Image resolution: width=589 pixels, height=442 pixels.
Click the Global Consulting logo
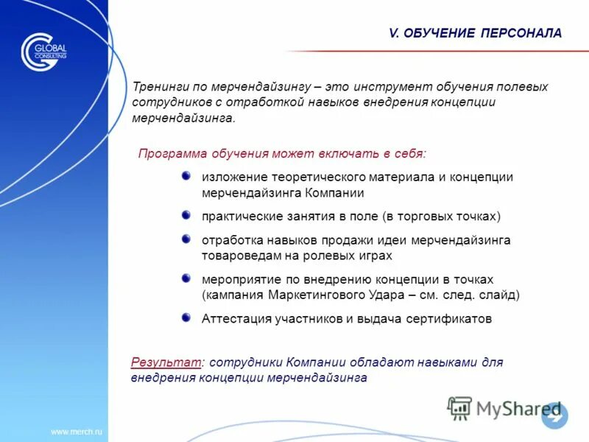tap(43, 52)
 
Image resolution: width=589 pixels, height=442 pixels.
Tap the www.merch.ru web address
tap(77, 430)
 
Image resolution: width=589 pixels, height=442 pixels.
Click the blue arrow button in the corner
tap(554, 415)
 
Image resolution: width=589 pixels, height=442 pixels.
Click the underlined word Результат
tap(166, 362)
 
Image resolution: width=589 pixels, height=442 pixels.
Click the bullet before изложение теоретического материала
tap(186, 175)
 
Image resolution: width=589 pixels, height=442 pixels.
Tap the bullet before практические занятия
tap(186, 214)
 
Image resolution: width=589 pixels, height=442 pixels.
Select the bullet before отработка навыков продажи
tap(186, 239)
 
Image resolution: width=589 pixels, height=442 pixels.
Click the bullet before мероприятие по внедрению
tap(186, 278)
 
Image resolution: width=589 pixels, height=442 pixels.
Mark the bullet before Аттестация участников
tap(186, 318)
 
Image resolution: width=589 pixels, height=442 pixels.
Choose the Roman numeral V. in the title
tap(394, 33)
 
